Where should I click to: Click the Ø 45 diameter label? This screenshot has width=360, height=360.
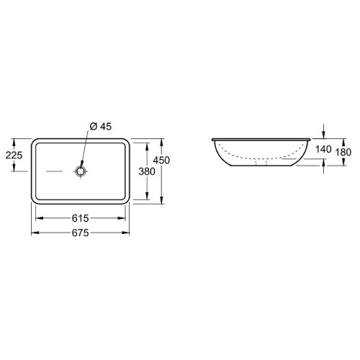tap(101, 127)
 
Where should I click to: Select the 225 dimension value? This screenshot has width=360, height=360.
tap(14, 156)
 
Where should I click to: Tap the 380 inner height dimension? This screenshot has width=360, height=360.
tap(147, 171)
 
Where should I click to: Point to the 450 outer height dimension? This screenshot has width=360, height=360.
tap(161, 160)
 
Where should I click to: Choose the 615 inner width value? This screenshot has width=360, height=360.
tap(81, 218)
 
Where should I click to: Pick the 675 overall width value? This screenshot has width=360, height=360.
tap(81, 233)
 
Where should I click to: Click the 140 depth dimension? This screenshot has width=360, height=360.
tap(323, 149)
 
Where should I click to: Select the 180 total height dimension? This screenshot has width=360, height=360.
tap(343, 152)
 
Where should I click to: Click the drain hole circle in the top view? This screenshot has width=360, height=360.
tap(80, 171)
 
